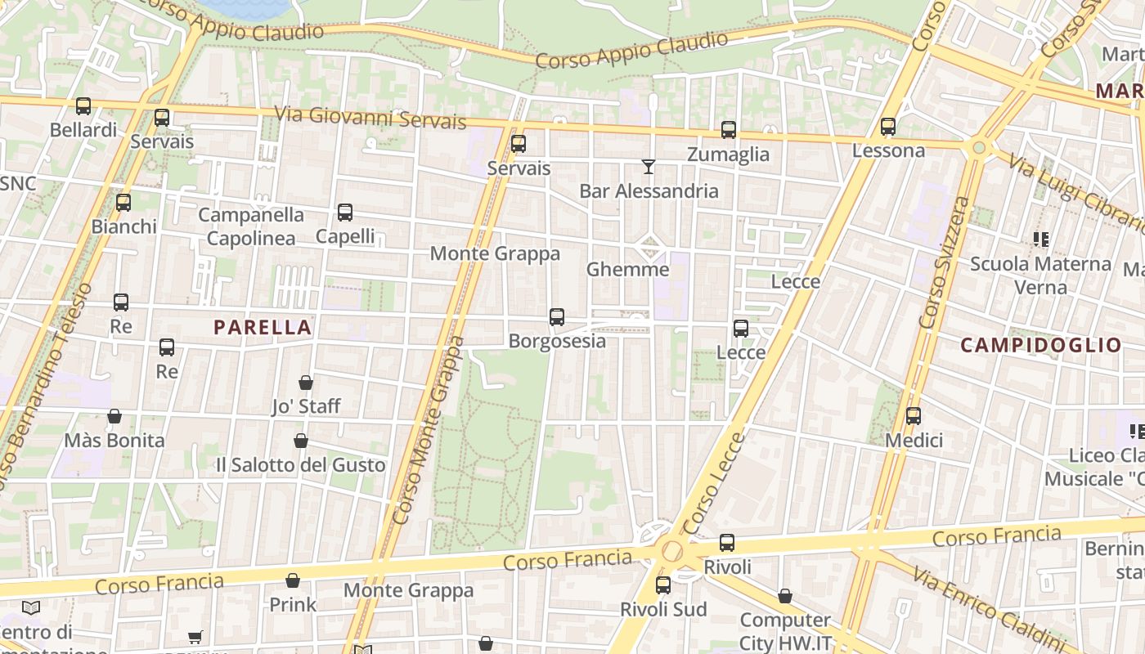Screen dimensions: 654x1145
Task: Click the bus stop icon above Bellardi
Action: tap(83, 106)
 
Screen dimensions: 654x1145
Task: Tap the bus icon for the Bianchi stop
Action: tap(123, 203)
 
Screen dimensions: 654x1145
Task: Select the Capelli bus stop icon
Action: tap(345, 213)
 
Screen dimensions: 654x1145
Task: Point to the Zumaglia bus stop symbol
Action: tap(728, 130)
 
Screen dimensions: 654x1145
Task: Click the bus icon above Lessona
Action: tap(888, 127)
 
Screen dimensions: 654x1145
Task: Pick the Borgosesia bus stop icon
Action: tap(557, 317)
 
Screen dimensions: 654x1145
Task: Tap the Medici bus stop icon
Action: tap(914, 416)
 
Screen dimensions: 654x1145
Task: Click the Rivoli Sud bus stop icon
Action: tap(663, 585)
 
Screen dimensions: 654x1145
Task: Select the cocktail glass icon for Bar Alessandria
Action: tap(649, 167)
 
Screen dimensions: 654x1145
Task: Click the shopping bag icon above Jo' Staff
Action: tap(306, 383)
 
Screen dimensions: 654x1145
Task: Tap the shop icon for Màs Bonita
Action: tap(114, 417)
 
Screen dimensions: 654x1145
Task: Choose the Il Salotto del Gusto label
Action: tap(300, 465)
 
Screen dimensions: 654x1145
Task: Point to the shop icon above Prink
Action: tap(293, 581)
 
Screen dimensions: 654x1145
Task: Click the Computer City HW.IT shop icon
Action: tap(785, 596)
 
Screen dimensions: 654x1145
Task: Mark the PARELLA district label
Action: tap(263, 328)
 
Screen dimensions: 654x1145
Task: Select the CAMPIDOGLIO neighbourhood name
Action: tap(1040, 345)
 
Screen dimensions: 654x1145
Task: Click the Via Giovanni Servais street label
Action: tap(370, 118)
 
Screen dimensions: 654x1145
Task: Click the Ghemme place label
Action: tap(627, 269)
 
